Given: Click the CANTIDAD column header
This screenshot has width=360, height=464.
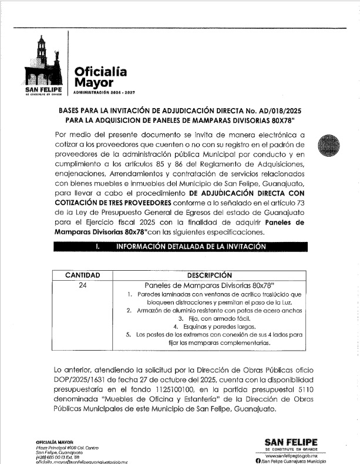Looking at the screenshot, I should coord(82,275).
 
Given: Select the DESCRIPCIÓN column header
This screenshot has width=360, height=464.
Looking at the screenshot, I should coord(209,275).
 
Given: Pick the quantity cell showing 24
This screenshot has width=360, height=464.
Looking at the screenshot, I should coord(82,285).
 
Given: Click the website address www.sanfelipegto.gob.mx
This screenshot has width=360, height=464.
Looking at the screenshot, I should coord(291,455).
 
